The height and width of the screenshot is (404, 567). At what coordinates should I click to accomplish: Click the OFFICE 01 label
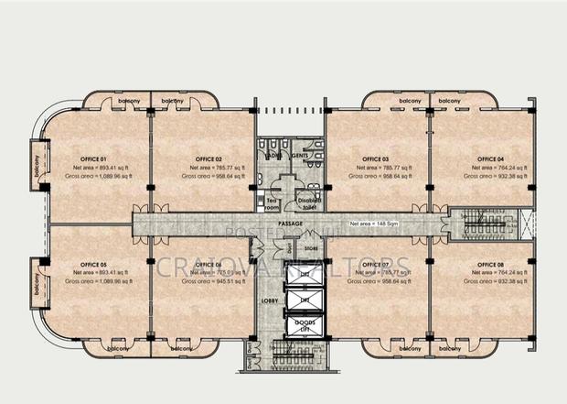[93, 158]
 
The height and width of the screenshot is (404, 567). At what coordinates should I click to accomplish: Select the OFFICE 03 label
[375, 158]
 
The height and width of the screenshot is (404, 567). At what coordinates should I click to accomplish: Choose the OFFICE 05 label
[93, 263]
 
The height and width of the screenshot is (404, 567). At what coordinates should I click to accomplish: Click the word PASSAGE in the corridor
[291, 223]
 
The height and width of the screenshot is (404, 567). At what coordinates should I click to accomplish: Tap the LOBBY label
[271, 300]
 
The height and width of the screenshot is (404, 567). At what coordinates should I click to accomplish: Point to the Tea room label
[272, 202]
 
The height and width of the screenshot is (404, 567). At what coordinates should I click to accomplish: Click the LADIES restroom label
[271, 157]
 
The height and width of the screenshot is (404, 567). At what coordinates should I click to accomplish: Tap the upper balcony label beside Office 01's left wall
[38, 165]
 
